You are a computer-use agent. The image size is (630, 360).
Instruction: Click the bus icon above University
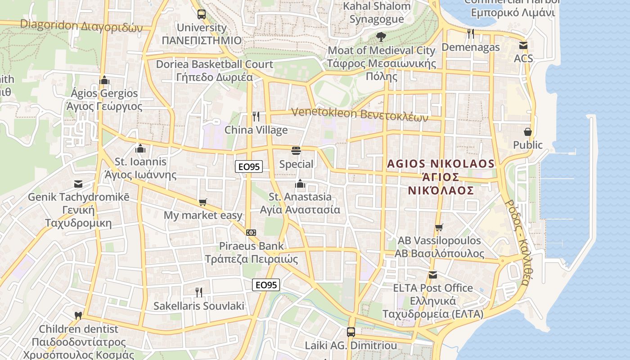[201, 14]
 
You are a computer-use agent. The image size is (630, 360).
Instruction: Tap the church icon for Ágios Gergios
[104, 80]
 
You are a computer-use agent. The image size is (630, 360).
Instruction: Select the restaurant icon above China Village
[256, 117]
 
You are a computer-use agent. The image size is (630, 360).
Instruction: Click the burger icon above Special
[296, 150]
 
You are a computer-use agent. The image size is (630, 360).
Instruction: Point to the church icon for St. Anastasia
[300, 183]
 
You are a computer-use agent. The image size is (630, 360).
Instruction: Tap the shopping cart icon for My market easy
[203, 202]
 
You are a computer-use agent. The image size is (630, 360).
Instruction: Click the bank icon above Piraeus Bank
[252, 232]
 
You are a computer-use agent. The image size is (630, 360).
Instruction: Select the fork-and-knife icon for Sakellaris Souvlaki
[199, 292]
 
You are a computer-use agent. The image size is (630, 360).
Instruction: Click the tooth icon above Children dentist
[78, 315]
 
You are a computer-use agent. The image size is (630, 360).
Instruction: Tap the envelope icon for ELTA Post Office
[433, 274]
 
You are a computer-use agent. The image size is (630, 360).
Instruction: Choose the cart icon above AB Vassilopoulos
[439, 227]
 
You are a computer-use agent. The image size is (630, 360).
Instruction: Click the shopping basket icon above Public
[528, 132]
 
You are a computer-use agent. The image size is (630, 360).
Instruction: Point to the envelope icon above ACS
[523, 45]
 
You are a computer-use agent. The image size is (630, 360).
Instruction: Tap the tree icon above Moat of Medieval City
[381, 37]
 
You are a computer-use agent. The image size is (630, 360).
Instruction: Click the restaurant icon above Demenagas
[471, 33]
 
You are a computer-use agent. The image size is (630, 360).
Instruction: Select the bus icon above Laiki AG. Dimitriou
[351, 332]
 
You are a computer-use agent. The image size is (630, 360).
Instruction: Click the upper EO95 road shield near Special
[248, 166]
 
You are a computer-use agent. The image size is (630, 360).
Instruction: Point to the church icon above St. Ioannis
[140, 148]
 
